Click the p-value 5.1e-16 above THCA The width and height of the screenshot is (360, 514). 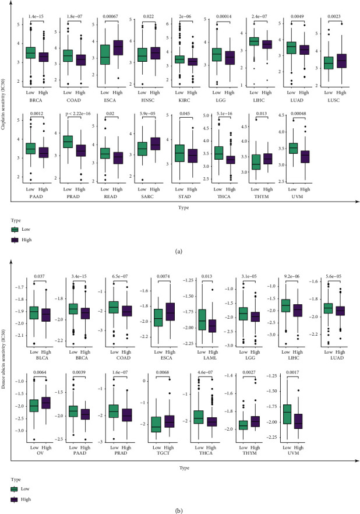(x=245, y=115)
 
